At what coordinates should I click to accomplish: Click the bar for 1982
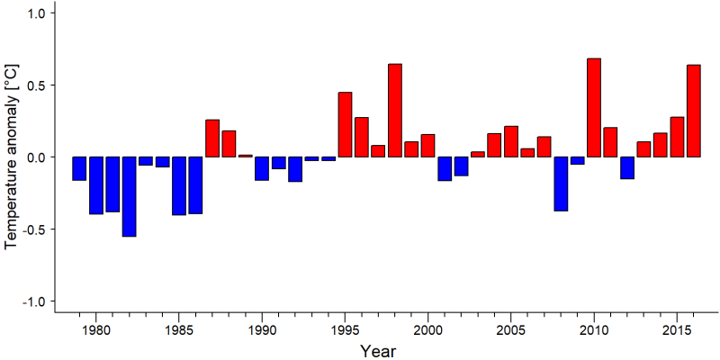click(x=129, y=196)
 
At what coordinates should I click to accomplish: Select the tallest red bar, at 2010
click(x=594, y=107)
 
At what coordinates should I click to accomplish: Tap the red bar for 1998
click(x=395, y=110)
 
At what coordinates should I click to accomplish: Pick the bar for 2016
click(x=694, y=111)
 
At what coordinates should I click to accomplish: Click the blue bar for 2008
click(x=561, y=184)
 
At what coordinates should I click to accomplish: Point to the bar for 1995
click(x=345, y=124)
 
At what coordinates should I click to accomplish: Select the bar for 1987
click(x=212, y=139)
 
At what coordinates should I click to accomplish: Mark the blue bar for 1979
click(x=79, y=168)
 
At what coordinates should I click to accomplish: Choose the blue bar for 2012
click(x=627, y=167)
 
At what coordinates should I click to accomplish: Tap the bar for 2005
click(x=511, y=141)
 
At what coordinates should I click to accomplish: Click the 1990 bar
click(x=262, y=168)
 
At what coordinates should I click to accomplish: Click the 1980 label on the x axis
click(x=96, y=329)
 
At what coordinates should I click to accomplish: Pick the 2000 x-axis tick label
click(x=428, y=329)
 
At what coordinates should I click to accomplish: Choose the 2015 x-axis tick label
click(x=677, y=329)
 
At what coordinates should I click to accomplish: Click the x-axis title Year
click(x=377, y=351)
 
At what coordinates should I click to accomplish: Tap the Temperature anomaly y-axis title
click(x=13, y=157)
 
